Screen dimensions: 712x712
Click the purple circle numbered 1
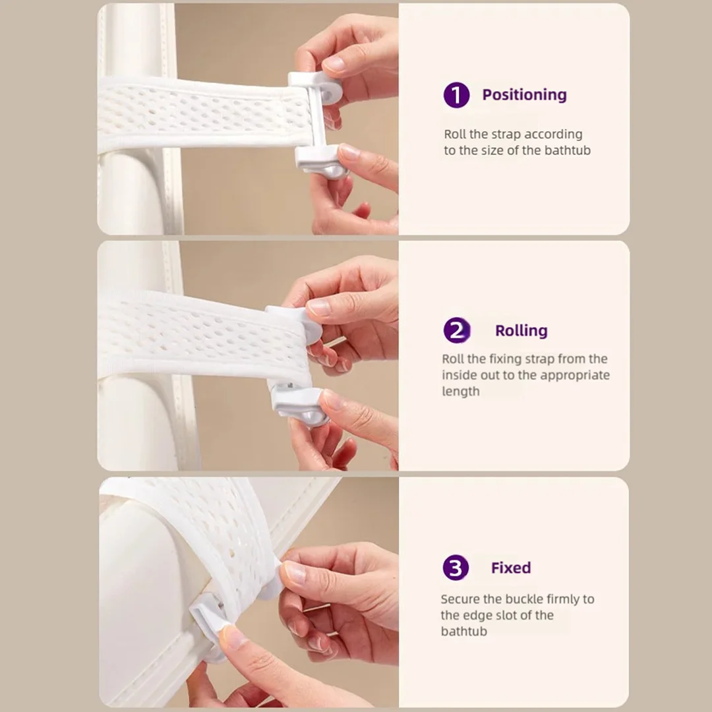456,95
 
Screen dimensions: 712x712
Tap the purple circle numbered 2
457,330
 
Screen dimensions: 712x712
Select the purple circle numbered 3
456,568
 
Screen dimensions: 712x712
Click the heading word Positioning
524,95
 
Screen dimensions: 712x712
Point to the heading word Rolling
521,330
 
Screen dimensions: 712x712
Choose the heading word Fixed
510,568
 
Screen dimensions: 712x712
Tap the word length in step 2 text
461,391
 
